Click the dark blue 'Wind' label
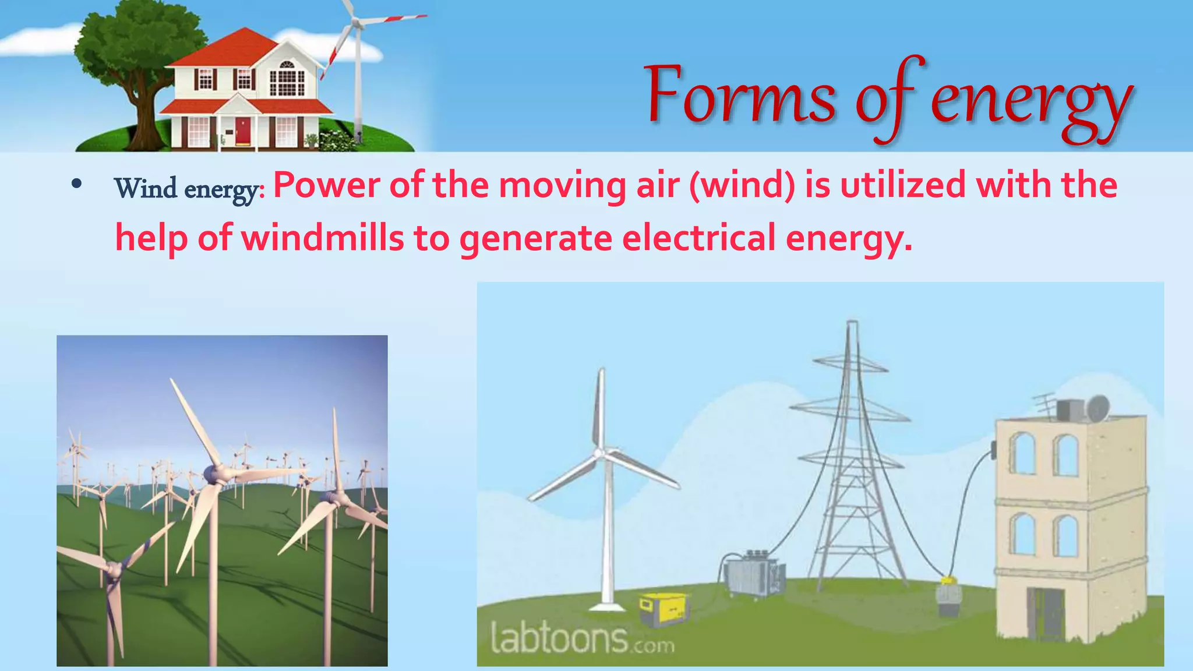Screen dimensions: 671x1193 pyautogui.click(x=146, y=189)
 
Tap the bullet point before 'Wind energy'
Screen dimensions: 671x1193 pyautogui.click(x=76, y=184)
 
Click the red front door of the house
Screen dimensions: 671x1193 pyautogui.click(x=243, y=131)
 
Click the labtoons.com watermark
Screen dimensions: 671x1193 pyautogui.click(x=583, y=638)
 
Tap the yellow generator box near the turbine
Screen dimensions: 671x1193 pyautogui.click(x=664, y=609)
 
